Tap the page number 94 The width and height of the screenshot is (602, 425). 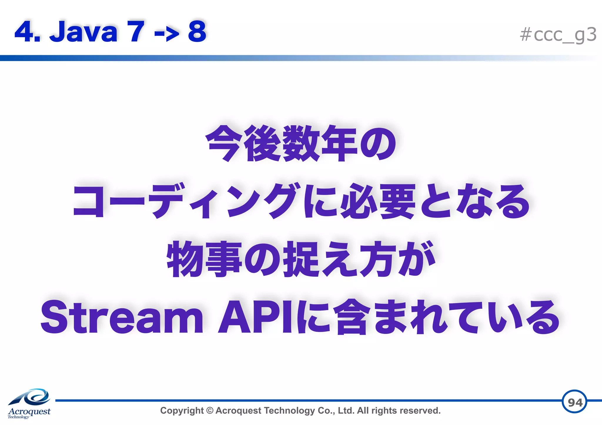[575, 402]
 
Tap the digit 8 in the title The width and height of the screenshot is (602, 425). [197, 32]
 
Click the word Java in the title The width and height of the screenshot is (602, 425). [84, 32]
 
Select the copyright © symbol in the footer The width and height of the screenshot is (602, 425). [210, 411]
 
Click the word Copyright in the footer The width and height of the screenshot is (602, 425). [182, 411]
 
